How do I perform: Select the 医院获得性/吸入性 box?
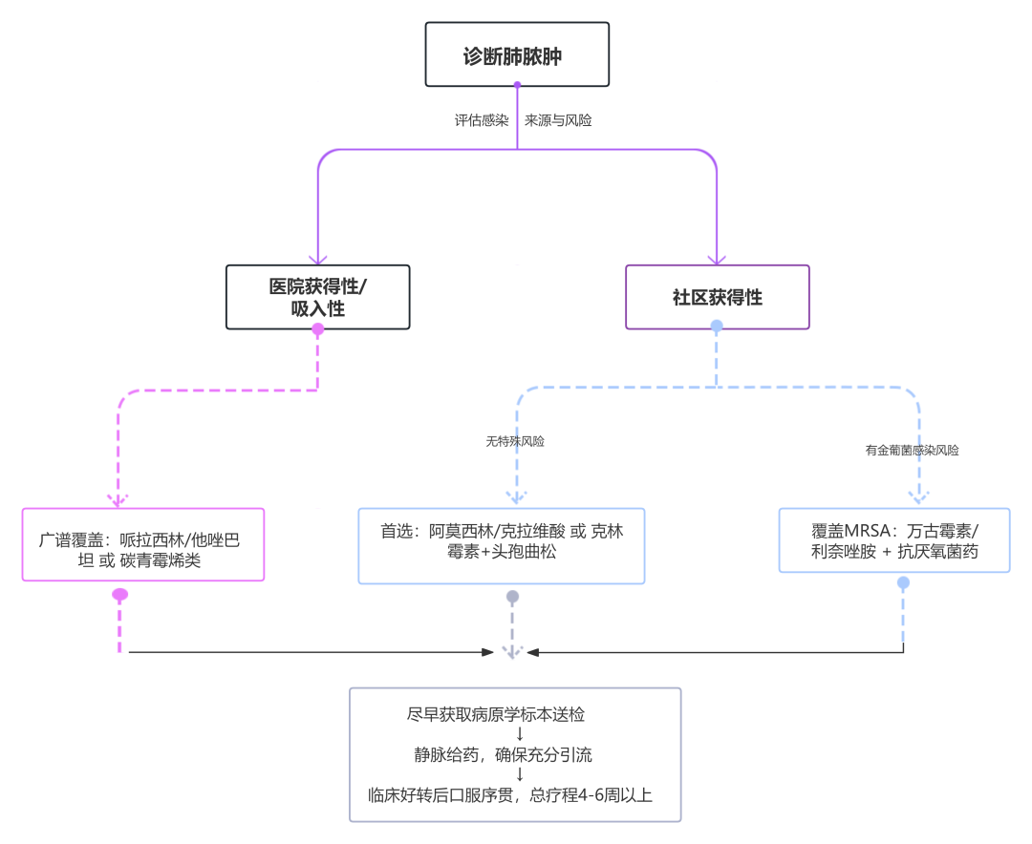[318, 297]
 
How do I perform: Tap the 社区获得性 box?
[717, 297]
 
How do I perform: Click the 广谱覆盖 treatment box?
[142, 544]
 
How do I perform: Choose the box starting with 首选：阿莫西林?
[502, 544]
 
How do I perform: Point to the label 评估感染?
[482, 121]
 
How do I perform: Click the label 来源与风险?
[558, 121]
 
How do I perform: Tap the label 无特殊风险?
[515, 442]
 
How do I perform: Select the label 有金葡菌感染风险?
[912, 450]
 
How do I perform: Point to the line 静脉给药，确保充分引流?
[504, 755]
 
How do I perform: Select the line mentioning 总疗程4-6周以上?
[510, 794]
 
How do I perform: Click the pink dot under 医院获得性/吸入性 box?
[318, 329]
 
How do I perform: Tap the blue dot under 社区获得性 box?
[717, 327]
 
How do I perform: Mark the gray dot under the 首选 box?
[513, 597]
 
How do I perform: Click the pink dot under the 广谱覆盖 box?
[120, 595]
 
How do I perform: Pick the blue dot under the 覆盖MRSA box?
[904, 581]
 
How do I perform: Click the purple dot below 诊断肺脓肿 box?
[517, 84]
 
